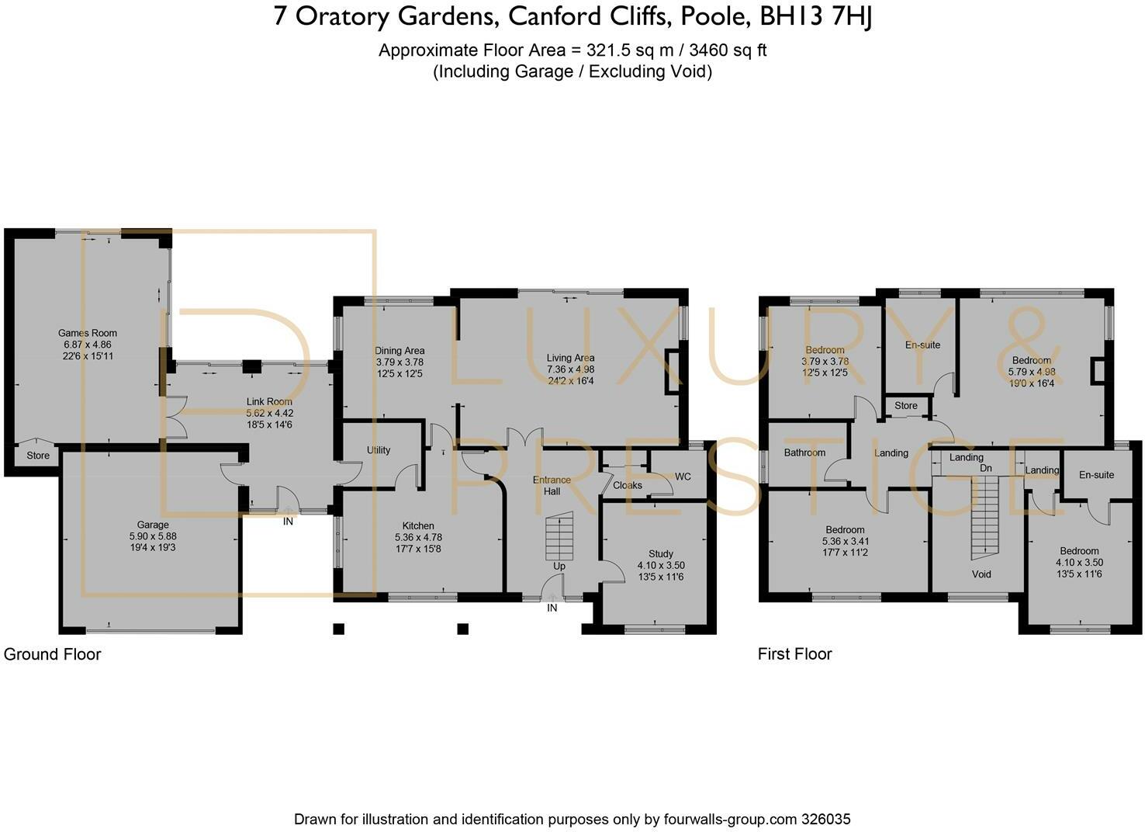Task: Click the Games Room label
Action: click(x=88, y=333)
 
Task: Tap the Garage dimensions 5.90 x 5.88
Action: click(x=153, y=536)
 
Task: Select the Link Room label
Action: click(x=269, y=402)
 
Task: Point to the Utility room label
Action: click(x=379, y=450)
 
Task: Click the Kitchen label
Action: click(x=418, y=525)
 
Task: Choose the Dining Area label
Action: click(x=400, y=351)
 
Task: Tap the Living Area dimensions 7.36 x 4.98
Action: click(x=570, y=369)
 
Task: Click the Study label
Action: click(x=661, y=554)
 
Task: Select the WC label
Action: click(x=683, y=477)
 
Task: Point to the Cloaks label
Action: click(x=628, y=485)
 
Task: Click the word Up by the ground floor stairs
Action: click(x=559, y=567)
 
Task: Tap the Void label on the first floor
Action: click(x=981, y=574)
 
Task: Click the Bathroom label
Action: click(x=804, y=452)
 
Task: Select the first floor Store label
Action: click(x=906, y=405)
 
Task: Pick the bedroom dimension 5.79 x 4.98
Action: click(x=1032, y=372)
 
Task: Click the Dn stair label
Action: click(x=985, y=468)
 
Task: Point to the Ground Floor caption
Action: click(x=52, y=654)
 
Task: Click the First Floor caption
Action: click(x=795, y=654)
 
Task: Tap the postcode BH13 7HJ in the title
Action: click(x=816, y=17)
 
